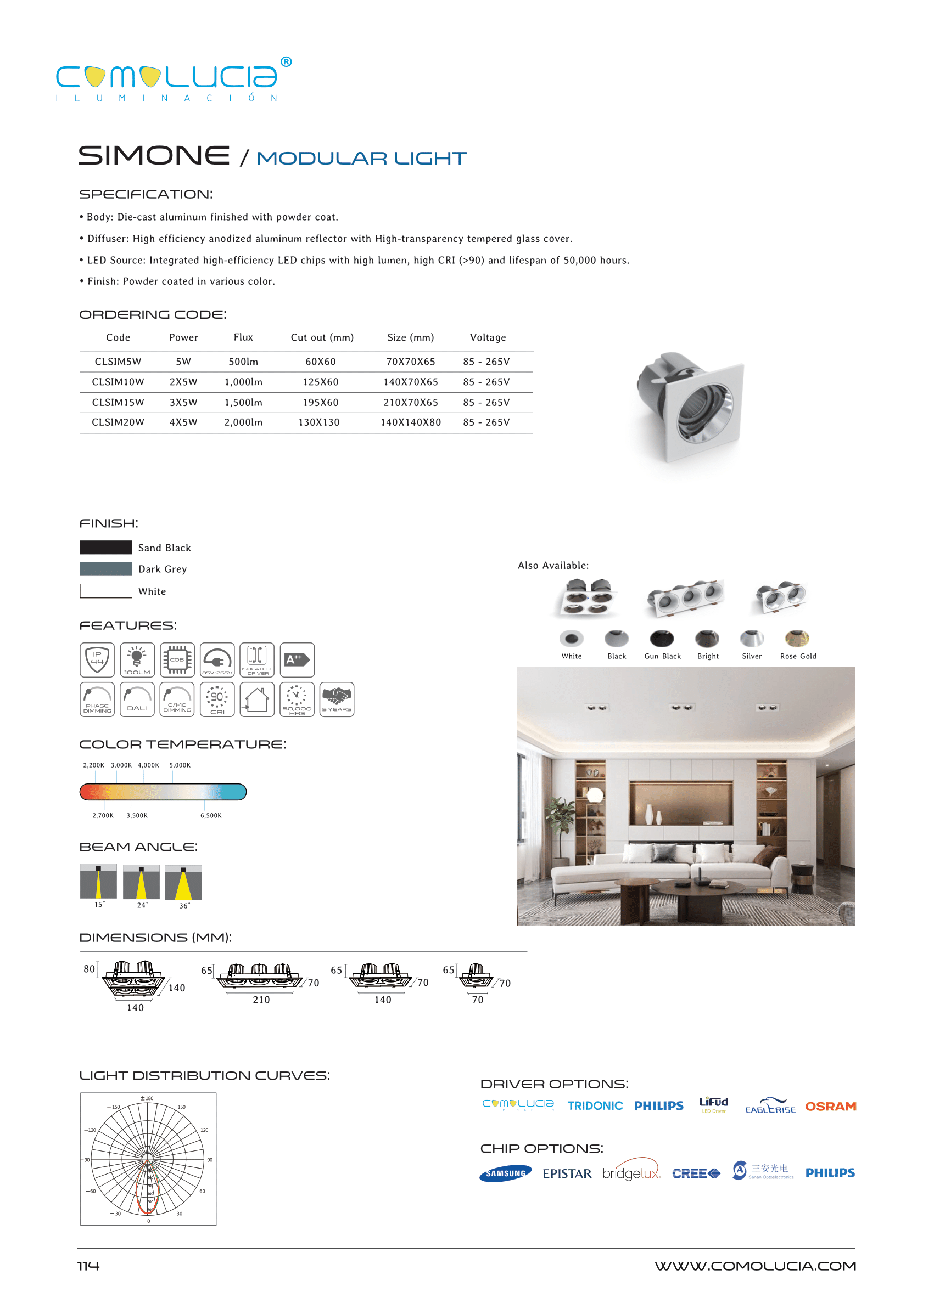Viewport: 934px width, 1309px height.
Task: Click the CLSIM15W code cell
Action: [118, 402]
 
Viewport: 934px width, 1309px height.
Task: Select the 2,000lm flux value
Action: [243, 422]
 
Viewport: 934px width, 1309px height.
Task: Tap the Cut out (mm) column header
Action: [322, 337]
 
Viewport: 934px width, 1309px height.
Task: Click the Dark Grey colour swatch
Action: [106, 569]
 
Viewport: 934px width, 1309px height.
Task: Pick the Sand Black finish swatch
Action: [106, 547]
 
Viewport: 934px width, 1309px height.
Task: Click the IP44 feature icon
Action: [97, 659]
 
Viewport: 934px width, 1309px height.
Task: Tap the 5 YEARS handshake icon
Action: [337, 699]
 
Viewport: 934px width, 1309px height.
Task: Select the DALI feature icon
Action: [137, 699]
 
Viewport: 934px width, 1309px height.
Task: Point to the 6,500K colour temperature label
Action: [210, 815]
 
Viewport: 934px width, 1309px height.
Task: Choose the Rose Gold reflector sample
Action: [797, 639]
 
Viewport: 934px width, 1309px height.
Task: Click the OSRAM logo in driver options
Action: [830, 1106]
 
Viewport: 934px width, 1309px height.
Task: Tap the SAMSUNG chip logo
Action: [506, 1173]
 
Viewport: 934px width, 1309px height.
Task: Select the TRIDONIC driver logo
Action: [595, 1105]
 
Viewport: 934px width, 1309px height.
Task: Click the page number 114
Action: [88, 1266]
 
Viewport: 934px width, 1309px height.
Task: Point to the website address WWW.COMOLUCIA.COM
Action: [755, 1266]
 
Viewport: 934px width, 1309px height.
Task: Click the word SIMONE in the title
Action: [154, 156]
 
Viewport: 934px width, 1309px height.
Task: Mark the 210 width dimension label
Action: [261, 1000]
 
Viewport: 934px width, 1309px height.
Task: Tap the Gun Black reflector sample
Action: [662, 639]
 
